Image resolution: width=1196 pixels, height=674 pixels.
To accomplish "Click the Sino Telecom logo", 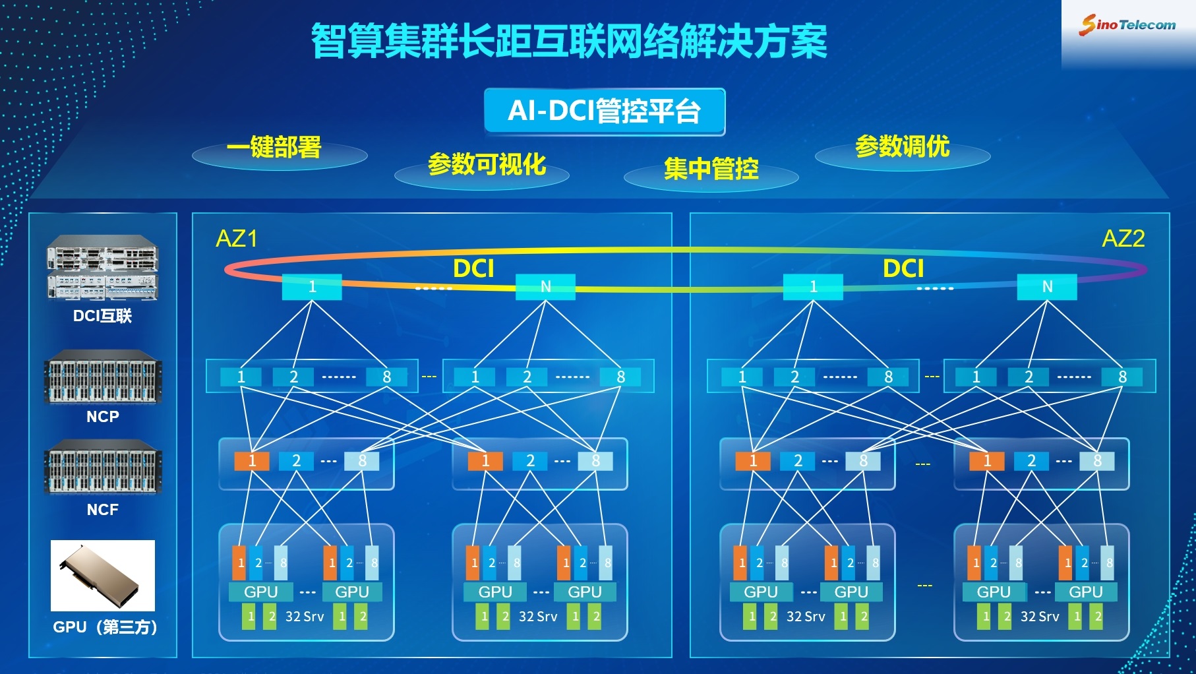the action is click(1127, 25).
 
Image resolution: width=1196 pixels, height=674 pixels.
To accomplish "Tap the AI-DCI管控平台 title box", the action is click(605, 111).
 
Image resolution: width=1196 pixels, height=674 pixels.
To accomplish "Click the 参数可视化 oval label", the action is click(482, 168).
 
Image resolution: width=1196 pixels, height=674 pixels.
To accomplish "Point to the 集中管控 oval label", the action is click(711, 171).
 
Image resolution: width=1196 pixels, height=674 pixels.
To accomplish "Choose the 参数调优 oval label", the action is click(903, 150).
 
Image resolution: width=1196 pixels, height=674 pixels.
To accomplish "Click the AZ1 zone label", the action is click(237, 239).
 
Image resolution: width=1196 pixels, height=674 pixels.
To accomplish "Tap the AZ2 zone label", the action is click(1123, 239).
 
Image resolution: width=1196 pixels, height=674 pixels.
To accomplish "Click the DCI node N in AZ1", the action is click(545, 287).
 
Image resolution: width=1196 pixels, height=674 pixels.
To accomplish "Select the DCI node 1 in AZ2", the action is click(813, 287).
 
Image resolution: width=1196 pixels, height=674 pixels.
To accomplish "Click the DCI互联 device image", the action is click(102, 268).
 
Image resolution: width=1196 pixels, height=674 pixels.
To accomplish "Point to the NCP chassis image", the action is click(103, 377).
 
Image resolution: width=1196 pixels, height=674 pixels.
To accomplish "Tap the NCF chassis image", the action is click(103, 467).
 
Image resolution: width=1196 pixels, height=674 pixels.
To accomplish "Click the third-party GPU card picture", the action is click(103, 576).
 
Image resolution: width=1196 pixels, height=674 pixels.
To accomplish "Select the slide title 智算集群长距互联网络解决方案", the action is click(568, 42).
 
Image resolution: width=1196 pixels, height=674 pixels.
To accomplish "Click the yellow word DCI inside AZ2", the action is click(903, 269).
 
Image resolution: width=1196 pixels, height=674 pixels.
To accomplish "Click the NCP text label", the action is click(103, 417).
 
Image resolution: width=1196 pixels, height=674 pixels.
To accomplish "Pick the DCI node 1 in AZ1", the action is click(312, 287).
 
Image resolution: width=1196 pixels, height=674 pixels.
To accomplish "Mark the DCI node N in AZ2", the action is click(1047, 287).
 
